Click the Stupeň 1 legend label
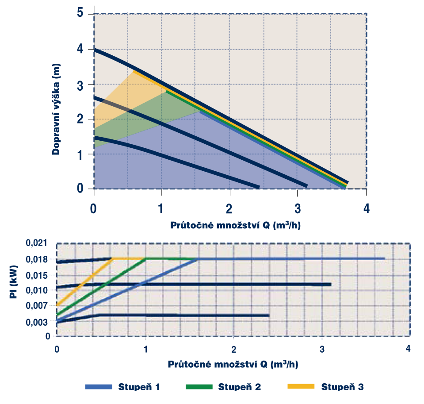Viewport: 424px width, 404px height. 139,387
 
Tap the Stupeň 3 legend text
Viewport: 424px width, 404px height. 342,387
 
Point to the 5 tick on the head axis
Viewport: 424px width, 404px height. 80,13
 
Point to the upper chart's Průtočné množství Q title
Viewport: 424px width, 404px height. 237,225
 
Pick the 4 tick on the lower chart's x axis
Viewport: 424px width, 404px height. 408,348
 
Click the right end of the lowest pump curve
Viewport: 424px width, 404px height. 258,187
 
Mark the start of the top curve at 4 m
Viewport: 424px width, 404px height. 95,50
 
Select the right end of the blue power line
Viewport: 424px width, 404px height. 384,258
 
